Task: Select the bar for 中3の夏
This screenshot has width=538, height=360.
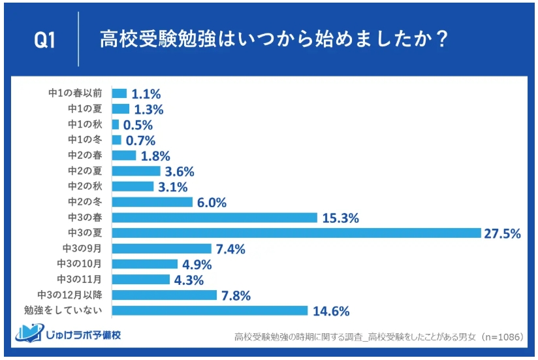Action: (296, 233)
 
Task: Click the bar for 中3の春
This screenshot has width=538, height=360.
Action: (214, 218)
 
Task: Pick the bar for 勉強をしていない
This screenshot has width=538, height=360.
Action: (210, 310)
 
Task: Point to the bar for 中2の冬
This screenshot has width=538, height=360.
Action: (152, 203)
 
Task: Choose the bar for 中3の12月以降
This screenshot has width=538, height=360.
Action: (164, 295)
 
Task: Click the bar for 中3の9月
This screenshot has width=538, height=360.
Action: (161, 249)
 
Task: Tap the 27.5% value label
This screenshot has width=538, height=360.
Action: (502, 234)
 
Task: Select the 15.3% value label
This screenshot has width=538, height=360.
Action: (340, 218)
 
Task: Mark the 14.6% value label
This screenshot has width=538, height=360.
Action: (330, 311)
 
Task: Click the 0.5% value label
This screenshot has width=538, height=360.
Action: (138, 125)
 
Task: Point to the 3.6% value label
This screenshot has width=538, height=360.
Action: (180, 172)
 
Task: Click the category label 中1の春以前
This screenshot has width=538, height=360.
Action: (75, 93)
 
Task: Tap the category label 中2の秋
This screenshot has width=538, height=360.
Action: (85, 187)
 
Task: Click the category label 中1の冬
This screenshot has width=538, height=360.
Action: (85, 140)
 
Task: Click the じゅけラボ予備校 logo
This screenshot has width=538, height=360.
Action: (68, 335)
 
